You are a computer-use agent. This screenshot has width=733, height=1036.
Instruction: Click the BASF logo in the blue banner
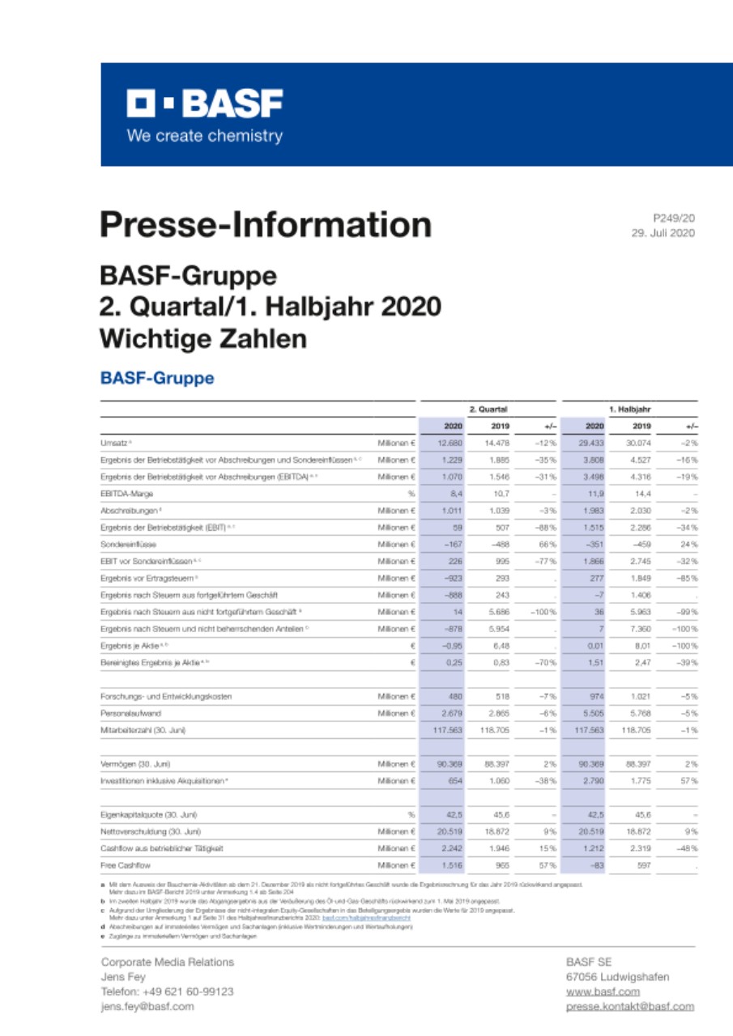coord(204,104)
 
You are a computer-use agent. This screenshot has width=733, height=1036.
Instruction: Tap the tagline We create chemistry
coord(204,136)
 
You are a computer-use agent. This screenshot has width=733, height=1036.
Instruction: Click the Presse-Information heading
coord(266,224)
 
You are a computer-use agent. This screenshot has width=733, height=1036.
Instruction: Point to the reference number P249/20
coord(674,218)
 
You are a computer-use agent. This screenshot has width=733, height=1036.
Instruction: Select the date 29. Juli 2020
coord(663,233)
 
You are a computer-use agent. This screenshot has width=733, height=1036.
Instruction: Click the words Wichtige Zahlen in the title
coord(203,338)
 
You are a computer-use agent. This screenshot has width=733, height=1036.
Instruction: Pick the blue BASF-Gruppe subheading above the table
coord(156,378)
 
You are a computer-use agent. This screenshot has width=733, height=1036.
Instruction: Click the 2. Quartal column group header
coord(488,410)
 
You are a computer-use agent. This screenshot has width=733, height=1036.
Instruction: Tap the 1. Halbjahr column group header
coord(630,410)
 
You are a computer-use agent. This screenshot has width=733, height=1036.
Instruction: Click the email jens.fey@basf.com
coord(147,1006)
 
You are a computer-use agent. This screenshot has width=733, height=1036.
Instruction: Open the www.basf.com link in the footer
coord(603,991)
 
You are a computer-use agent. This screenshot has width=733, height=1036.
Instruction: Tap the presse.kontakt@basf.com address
coord(630,1006)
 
